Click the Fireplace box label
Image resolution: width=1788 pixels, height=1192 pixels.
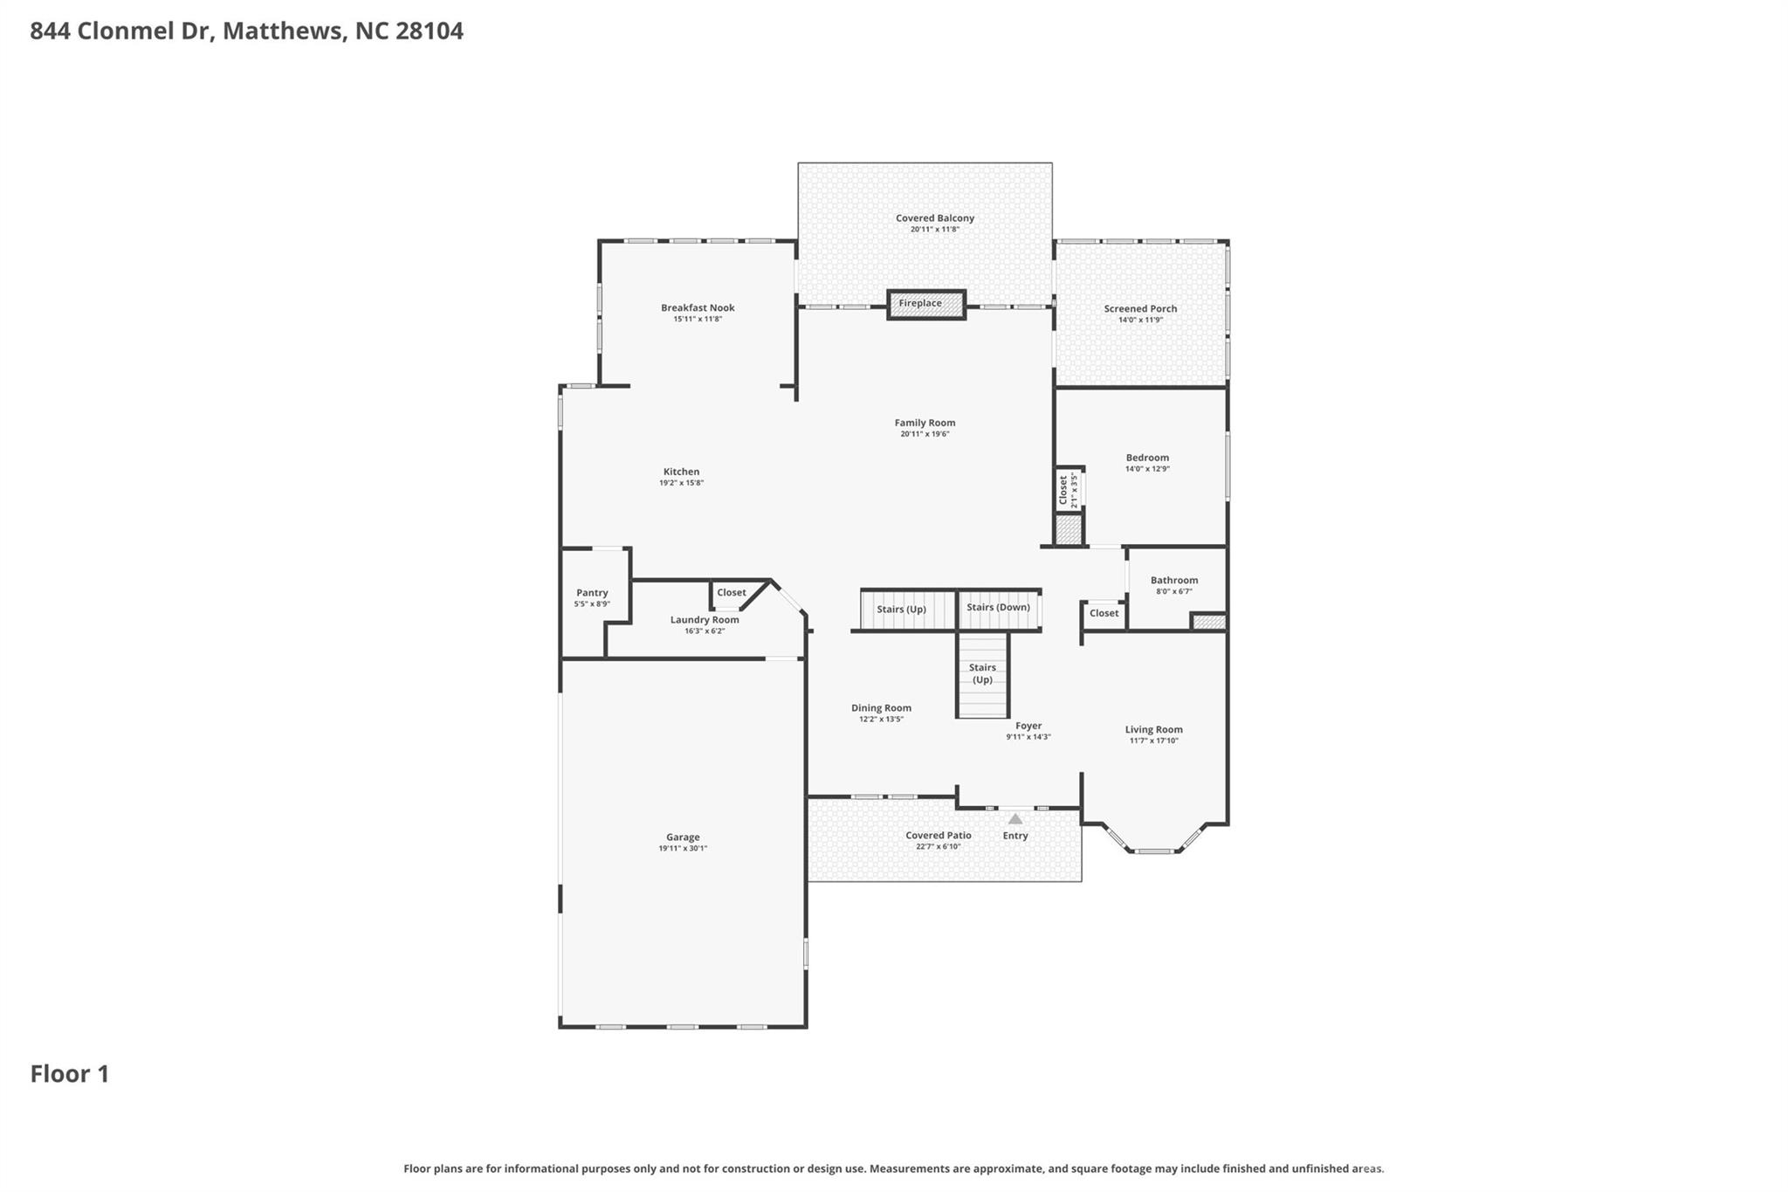[920, 304]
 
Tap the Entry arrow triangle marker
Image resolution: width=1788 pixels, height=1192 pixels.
[1014, 819]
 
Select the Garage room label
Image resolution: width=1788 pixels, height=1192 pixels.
[683, 837]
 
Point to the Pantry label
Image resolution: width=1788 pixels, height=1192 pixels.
[592, 593]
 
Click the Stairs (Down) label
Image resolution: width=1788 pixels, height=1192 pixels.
[998, 608]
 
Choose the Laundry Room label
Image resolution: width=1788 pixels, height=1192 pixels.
[705, 620]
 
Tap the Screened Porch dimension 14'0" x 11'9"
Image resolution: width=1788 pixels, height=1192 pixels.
[1140, 320]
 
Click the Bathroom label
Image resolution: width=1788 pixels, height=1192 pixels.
[1173, 581]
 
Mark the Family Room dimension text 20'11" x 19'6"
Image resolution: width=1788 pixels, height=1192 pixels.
[925, 434]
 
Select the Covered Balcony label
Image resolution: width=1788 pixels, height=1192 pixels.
[934, 218]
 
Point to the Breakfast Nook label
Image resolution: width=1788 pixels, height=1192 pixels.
[698, 308]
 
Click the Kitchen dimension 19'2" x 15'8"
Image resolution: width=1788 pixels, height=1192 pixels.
[681, 483]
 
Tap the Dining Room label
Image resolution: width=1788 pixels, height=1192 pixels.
[881, 708]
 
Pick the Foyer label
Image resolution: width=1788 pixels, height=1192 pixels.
[1028, 726]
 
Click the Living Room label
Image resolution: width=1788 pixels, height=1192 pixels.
[1153, 730]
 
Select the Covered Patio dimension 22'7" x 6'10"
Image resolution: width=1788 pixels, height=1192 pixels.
[938, 847]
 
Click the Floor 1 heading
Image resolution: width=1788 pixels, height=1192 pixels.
[70, 1074]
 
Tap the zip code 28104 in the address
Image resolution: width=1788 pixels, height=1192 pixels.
[429, 31]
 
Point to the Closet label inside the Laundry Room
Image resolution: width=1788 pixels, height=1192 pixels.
[731, 593]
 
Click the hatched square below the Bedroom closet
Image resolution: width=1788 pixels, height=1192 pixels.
[1068, 530]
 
